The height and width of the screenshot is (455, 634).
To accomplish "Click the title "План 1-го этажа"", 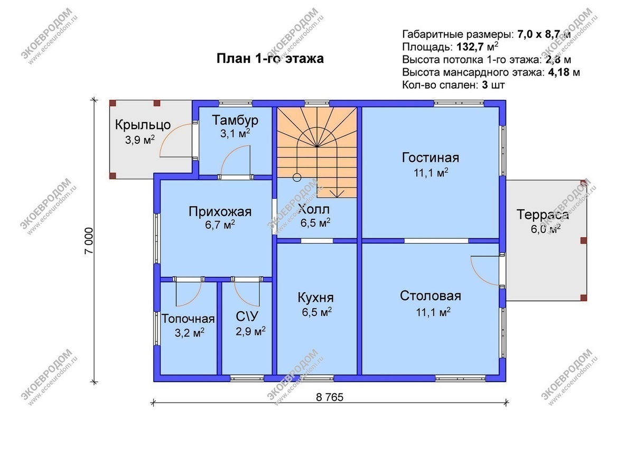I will tap(270, 58).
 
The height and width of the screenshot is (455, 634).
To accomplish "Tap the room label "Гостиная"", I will tap(430, 157).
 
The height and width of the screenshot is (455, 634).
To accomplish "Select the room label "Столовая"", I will tap(430, 295).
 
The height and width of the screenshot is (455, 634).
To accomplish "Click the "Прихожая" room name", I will tap(220, 212).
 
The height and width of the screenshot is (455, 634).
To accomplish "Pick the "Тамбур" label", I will tap(235, 120).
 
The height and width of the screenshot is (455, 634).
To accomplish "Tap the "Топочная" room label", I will tap(188, 319).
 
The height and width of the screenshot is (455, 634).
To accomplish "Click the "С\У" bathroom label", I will tap(246, 317).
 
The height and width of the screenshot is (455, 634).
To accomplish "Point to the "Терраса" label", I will tap(543, 215).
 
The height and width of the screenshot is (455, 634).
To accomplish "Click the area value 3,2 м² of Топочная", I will tap(189, 333).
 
